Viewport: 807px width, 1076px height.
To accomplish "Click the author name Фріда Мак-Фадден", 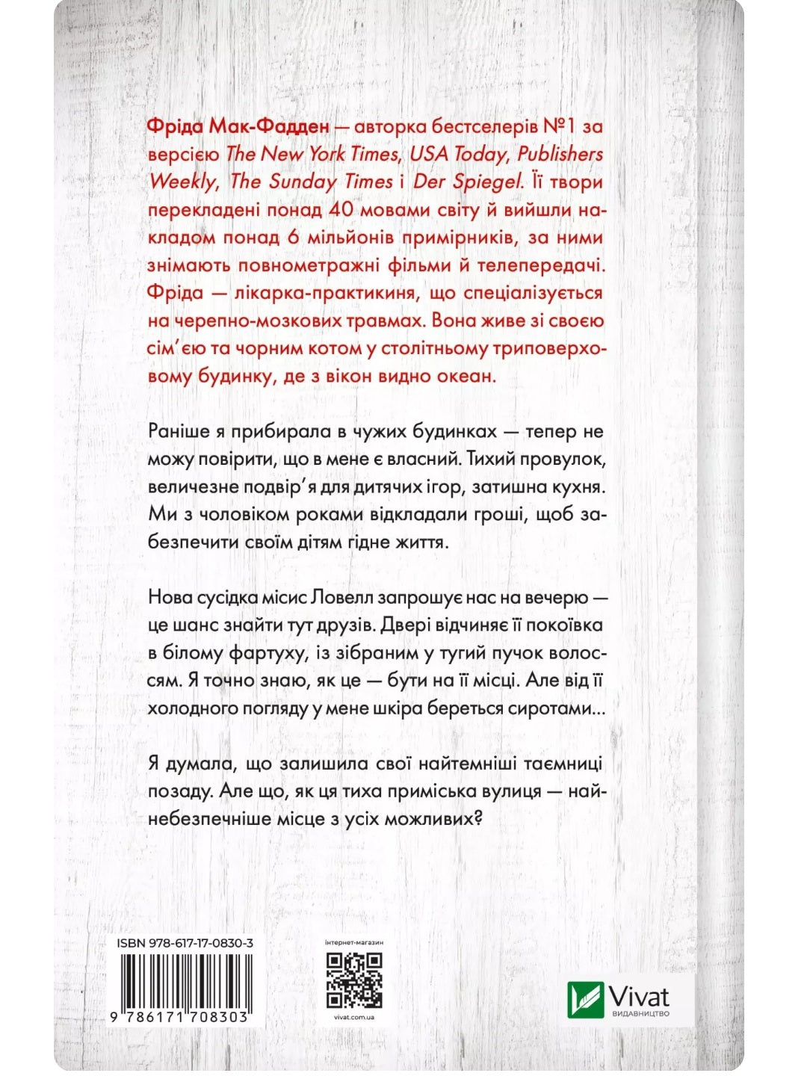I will (x=238, y=126).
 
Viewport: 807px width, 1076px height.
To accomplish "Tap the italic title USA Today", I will (x=458, y=154).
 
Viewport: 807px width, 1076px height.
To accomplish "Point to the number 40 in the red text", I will (x=340, y=209).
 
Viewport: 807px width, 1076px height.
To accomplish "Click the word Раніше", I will (x=179, y=431).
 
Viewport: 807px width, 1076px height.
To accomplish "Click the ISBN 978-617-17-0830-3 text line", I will (x=185, y=943).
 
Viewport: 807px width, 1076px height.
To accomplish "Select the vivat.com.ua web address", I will (x=355, y=1017).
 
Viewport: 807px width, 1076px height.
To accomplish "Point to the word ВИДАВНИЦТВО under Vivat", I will (x=640, y=1014).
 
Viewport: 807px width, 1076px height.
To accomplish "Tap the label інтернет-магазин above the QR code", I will (x=355, y=943).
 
